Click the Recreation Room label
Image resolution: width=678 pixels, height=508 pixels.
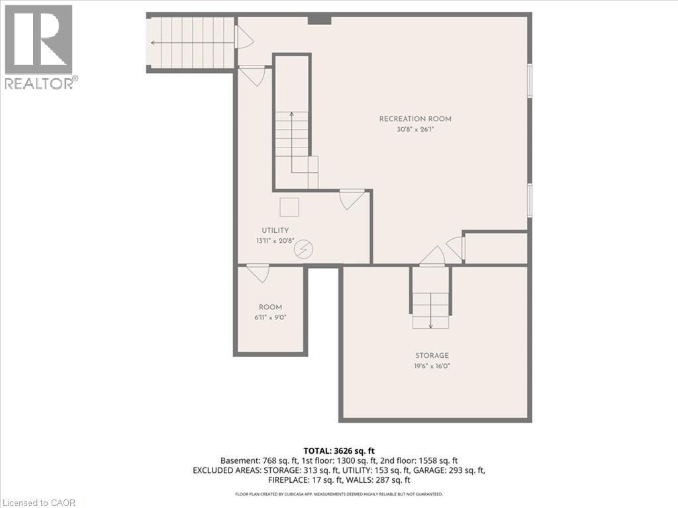point(415,119)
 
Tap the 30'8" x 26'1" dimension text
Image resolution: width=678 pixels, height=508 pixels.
point(415,129)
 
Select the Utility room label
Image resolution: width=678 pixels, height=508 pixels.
point(275,230)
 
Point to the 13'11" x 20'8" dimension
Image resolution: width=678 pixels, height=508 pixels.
point(275,241)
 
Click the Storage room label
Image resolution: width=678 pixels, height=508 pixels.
point(432,355)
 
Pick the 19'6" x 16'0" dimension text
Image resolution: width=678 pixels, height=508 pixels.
point(432,366)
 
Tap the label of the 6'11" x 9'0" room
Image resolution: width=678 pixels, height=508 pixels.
point(270,307)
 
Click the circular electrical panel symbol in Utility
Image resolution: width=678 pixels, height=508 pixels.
point(303,249)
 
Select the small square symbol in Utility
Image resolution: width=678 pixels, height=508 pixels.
point(289,207)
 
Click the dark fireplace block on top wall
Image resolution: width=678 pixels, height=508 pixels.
point(320,20)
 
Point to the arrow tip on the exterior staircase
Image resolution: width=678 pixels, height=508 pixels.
point(152,43)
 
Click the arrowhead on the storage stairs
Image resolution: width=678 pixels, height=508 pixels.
point(430,326)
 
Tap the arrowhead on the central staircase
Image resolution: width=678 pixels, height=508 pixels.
point(292,114)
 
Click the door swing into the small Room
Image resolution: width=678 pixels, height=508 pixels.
point(258,274)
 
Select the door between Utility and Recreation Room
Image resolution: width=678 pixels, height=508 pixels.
point(351,200)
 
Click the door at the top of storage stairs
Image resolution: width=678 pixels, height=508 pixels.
point(432,256)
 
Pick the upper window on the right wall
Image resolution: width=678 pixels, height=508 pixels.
point(530,80)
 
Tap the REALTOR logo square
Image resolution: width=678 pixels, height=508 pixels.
point(38,40)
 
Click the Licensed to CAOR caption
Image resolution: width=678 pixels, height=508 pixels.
point(38,503)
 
